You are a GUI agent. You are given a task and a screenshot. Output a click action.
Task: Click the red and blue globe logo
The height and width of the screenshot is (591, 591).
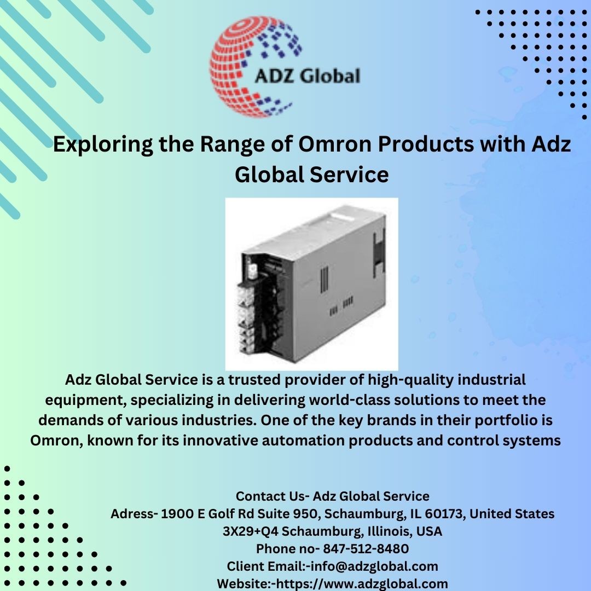[x=252, y=66]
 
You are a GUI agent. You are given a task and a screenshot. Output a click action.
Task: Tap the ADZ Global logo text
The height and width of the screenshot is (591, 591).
[x=308, y=76]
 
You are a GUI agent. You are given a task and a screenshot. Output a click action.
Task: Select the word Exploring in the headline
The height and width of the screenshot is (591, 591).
[x=103, y=144]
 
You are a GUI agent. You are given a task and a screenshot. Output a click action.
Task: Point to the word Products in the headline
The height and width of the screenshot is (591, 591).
[x=426, y=144]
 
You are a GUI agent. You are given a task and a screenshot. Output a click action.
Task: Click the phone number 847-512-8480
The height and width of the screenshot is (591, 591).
[x=366, y=549]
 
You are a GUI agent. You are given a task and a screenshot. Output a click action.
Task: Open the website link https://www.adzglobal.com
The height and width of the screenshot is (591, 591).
[x=362, y=584]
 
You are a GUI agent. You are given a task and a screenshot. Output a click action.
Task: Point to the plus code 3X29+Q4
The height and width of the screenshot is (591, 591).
[x=250, y=531]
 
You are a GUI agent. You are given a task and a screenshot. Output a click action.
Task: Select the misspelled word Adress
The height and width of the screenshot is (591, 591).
[x=132, y=514]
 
